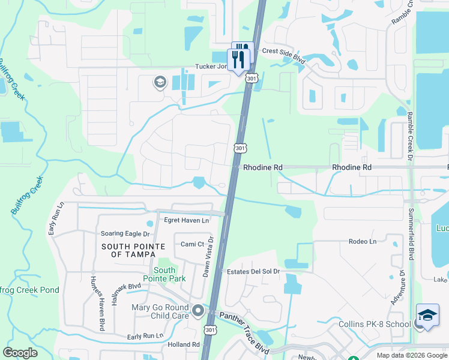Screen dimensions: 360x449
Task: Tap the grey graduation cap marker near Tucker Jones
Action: point(160,82)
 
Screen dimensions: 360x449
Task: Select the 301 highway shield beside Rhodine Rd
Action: point(240,148)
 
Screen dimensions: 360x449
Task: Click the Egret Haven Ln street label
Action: point(187,220)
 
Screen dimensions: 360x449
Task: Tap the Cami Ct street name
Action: point(193,244)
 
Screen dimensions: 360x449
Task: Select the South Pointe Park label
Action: point(164,274)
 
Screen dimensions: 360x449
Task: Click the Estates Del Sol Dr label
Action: point(253,271)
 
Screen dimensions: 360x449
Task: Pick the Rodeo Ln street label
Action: point(362,241)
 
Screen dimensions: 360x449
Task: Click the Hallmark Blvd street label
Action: point(126,287)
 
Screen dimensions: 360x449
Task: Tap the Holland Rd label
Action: point(184,344)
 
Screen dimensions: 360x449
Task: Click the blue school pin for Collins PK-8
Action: point(427,316)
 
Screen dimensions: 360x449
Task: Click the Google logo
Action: point(20,353)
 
